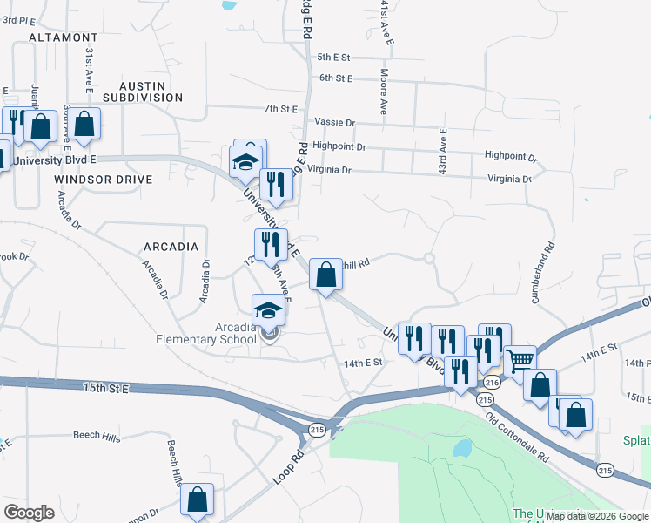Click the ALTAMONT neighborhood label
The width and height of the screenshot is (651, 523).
coord(63,38)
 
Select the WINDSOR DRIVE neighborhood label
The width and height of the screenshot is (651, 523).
coord(103,180)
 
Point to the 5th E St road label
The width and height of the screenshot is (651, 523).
coord(333,58)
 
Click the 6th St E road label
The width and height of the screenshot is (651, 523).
coord(335,78)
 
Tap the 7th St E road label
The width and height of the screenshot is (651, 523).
coord(282,109)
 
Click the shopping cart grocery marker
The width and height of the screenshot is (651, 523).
coord(520,359)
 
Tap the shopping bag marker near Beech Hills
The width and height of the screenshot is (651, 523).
coord(198,499)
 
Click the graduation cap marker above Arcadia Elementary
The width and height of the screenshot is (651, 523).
coord(268,310)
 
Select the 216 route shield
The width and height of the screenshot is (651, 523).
coord(492,383)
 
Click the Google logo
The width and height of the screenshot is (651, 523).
coord(30,513)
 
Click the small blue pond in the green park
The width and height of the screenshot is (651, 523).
coord(461,449)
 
